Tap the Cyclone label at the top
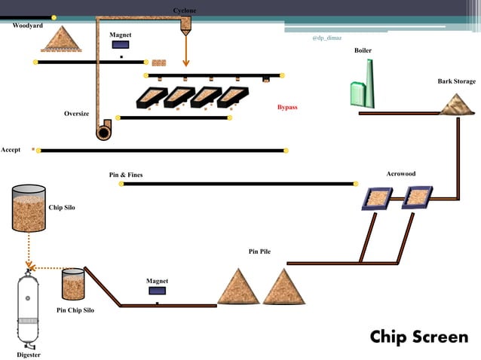[x=185, y=10]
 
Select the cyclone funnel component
[x=185, y=25]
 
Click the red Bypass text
[x=287, y=108]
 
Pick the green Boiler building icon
[x=363, y=84]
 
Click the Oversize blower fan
[x=103, y=130]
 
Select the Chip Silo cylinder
[x=28, y=208]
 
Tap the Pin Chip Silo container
[x=73, y=285]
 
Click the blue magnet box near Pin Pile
[x=157, y=290]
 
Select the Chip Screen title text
[x=418, y=337]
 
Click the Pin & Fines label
[x=126, y=175]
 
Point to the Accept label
[x=11, y=150]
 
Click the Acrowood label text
[x=400, y=174]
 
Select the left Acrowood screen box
[x=374, y=198]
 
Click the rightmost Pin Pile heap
[x=283, y=287]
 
